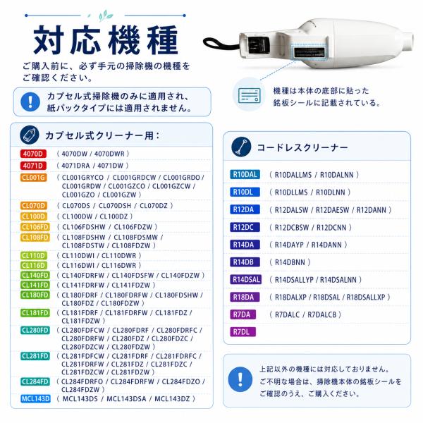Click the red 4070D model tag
coord(33,154)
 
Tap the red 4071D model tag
coord(33,166)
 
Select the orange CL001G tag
coord(33,178)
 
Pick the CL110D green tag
coord(34,255)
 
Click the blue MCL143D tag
coord(36,399)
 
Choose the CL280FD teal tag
coord(35,330)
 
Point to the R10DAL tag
coord(245,175)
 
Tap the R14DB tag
coord(245,262)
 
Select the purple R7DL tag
coord(243,332)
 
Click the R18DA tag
coord(245,297)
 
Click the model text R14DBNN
coord(290,262)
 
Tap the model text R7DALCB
coord(322,314)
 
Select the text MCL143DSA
coord(126,399)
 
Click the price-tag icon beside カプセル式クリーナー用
coord(30,135)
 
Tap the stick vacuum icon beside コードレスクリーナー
coord(241,147)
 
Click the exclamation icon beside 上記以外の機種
coord(240,379)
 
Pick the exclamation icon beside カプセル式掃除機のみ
coord(30,102)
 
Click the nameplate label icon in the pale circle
coord(250,95)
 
